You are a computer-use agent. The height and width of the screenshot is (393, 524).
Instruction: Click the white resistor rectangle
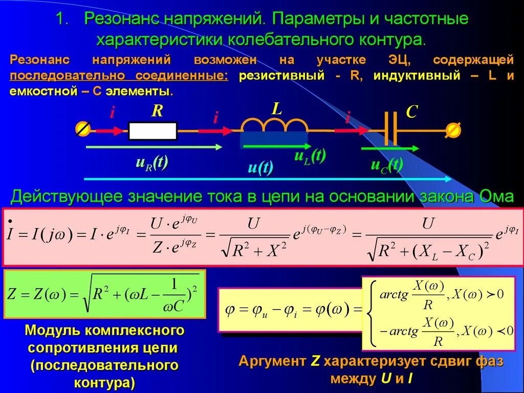pos(152,131)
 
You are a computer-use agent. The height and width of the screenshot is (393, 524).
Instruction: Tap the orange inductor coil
pos(274,124)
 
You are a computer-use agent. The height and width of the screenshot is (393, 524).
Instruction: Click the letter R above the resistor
pos(156,112)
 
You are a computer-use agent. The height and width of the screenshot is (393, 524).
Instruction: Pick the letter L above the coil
pos(276,108)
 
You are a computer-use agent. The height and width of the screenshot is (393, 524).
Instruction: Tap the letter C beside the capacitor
pos(411,112)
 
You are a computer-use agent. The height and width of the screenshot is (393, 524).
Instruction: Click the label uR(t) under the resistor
pos(152,162)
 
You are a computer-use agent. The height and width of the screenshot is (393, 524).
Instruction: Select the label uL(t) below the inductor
pos(310,156)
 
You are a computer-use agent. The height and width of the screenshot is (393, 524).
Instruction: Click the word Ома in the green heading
pos(496,196)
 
